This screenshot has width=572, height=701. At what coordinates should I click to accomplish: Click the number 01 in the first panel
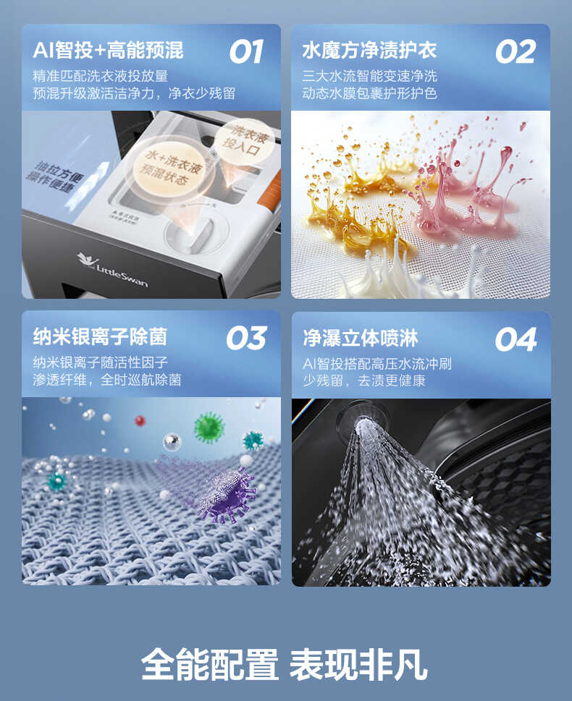coord(246,51)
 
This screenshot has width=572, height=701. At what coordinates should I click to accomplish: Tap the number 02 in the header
coord(515,51)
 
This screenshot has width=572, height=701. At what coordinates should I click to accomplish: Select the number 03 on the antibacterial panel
coord(246,338)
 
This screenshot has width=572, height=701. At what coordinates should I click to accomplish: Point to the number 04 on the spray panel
coord(516,339)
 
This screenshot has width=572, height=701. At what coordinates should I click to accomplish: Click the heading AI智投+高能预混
coord(108,50)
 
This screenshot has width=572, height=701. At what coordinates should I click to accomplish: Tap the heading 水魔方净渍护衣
coord(369,50)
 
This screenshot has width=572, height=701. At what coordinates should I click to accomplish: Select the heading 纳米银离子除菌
coord(100,336)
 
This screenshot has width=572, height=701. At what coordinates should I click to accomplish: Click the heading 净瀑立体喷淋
coord(360,338)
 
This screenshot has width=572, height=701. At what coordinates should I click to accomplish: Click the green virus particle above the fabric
coord(209,427)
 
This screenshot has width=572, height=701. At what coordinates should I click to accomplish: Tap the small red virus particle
coord(140,420)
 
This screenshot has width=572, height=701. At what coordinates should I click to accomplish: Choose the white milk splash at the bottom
coord(405,275)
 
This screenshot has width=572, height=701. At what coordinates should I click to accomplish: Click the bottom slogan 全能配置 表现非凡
coord(285,663)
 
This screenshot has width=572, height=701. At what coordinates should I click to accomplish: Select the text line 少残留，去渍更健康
coord(363,380)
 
